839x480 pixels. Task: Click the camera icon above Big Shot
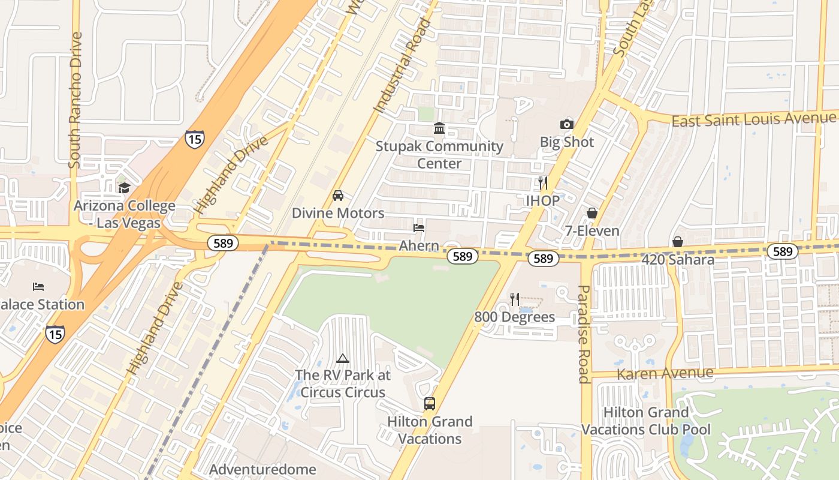tap(566, 125)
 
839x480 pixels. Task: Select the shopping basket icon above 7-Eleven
tap(591, 214)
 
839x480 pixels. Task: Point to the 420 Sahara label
tap(678, 260)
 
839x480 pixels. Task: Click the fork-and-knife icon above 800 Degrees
tap(514, 299)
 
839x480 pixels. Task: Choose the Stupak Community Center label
tap(439, 155)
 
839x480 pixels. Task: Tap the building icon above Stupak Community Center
tap(439, 128)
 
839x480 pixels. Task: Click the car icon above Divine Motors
tap(338, 196)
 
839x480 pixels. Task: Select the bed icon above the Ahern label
tap(419, 228)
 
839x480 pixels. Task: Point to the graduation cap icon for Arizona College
tap(124, 188)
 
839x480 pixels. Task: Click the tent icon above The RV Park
tap(343, 359)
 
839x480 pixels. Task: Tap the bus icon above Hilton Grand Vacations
tap(430, 404)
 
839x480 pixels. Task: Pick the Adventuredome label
tap(262, 469)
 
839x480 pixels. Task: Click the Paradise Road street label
tap(583, 334)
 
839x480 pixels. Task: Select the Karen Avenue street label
tap(665, 374)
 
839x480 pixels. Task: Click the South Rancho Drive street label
tap(75, 100)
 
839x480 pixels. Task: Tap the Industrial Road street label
tap(403, 66)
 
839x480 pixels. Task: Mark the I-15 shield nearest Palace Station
tap(55, 334)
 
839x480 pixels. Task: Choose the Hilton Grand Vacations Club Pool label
tap(646, 421)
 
